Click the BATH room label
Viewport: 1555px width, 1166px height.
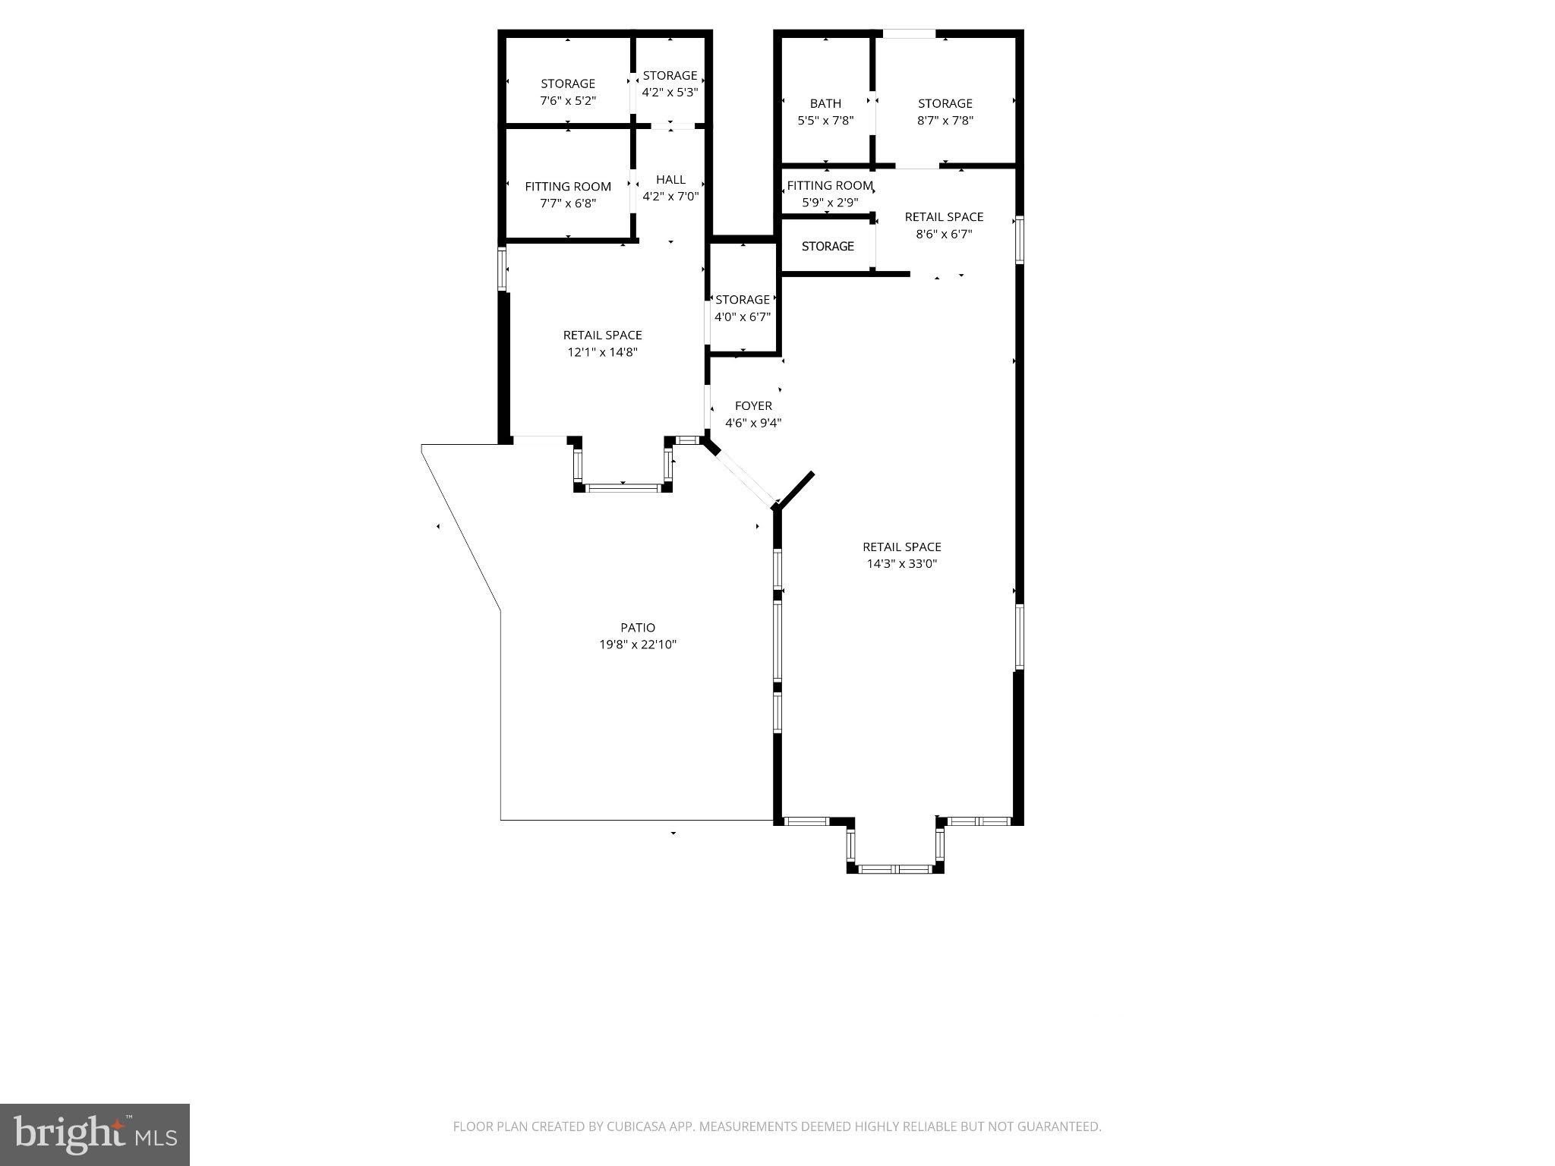[x=825, y=103]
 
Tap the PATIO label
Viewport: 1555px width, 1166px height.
[x=638, y=628]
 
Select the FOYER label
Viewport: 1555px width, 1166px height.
[x=753, y=406]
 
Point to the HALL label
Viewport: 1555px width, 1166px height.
[x=670, y=180]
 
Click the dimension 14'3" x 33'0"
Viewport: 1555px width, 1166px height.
[x=902, y=564]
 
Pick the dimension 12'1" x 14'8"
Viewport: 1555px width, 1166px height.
[x=603, y=352]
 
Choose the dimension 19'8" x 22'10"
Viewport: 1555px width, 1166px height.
[x=638, y=645]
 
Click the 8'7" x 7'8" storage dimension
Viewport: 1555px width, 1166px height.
[x=945, y=121]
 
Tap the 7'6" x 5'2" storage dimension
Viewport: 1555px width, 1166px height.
[x=568, y=101]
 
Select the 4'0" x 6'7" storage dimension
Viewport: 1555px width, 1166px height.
[x=743, y=317]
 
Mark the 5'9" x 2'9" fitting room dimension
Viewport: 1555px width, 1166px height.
[x=830, y=203]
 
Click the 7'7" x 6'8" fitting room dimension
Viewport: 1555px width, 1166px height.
[x=568, y=203]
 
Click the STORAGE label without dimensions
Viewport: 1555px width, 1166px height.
[x=828, y=247]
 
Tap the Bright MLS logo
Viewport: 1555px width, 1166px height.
[x=95, y=1134]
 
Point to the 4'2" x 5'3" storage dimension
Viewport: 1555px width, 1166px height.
[x=670, y=93]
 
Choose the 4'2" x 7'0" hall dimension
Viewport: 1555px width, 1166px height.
[x=670, y=197]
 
